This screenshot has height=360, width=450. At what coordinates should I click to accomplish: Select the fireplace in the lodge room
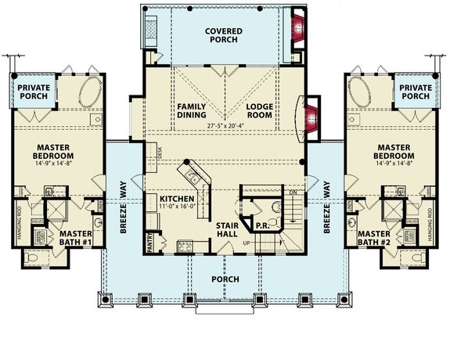pyautogui.click(x=312, y=117)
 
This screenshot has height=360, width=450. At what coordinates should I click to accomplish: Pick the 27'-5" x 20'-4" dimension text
pyautogui.click(x=227, y=124)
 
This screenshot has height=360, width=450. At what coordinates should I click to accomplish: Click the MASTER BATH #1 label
pyautogui.click(x=76, y=238)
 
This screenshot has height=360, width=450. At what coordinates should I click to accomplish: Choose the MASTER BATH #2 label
pyautogui.click(x=374, y=238)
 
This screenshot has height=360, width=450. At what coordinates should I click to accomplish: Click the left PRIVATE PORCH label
pyautogui.click(x=34, y=92)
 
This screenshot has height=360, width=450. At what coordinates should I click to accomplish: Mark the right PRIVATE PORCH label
pyautogui.click(x=415, y=92)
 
